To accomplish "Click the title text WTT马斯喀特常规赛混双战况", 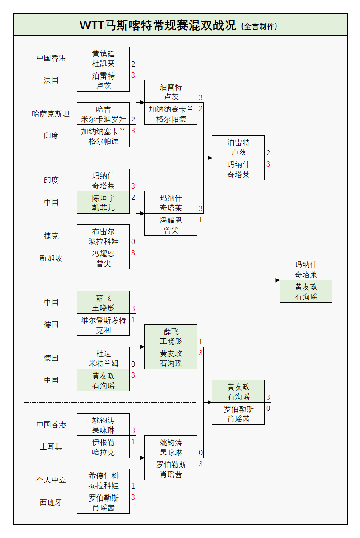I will click(x=158, y=25).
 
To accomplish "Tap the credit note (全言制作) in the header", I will click(x=259, y=26).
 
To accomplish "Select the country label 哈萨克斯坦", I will click(x=51, y=114).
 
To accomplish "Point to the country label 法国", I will click(x=51, y=80).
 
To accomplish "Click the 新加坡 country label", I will click(x=51, y=258).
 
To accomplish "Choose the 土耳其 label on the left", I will click(x=51, y=447).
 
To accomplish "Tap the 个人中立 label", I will click(x=51, y=480).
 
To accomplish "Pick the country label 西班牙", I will click(x=51, y=502).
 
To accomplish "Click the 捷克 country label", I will click(x=51, y=236).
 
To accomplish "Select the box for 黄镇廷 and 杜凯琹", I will click(x=103, y=58).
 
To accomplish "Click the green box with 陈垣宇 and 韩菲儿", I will click(x=103, y=203).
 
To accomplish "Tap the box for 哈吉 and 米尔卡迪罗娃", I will click(x=103, y=114).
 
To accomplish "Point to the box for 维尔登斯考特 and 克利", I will click(x=103, y=325).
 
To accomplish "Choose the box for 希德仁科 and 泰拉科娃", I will click(x=103, y=480).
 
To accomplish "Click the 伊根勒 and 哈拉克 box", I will click(x=103, y=447).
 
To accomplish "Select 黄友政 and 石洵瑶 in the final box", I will click(x=306, y=291).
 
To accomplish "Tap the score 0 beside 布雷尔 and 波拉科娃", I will click(x=133, y=242).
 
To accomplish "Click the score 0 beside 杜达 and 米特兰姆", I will click(x=133, y=364).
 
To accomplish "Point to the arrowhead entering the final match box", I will click(x=277, y=280).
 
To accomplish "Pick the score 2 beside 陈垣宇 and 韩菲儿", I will click(x=133, y=197).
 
